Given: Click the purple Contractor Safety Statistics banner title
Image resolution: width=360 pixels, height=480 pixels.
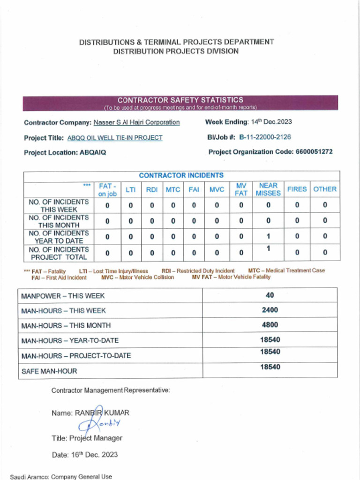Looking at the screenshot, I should [180, 100].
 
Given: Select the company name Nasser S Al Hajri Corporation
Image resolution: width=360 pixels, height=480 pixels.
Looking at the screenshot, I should [136, 122].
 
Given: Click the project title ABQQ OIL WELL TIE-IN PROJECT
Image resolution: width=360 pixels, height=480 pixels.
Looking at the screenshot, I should [115, 138].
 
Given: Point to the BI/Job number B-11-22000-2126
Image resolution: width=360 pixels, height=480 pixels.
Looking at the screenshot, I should [265, 137].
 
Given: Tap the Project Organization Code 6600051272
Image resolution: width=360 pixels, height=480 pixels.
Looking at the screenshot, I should [315, 152].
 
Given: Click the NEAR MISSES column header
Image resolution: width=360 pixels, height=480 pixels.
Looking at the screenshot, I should [268, 189].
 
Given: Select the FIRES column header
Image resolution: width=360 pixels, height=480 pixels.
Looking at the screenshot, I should [297, 189].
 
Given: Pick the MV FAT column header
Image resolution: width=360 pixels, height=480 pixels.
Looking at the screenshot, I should [241, 189].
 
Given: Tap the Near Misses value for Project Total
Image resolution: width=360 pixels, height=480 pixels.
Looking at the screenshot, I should [268, 248].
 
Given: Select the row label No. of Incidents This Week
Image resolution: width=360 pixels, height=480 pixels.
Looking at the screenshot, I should [59, 206].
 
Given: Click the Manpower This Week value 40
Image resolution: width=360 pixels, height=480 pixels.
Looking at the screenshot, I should [270, 295].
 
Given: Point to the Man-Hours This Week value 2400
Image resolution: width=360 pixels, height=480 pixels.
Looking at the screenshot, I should [270, 310].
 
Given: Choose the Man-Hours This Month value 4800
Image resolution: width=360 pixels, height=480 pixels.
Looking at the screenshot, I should [270, 325].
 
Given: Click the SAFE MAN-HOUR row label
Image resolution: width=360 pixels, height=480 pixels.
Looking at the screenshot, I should [49, 371].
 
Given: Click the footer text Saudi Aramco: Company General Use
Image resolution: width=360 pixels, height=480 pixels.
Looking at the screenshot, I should [61, 476].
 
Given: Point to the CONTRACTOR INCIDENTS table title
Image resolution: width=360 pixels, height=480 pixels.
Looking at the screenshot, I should [181, 175].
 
